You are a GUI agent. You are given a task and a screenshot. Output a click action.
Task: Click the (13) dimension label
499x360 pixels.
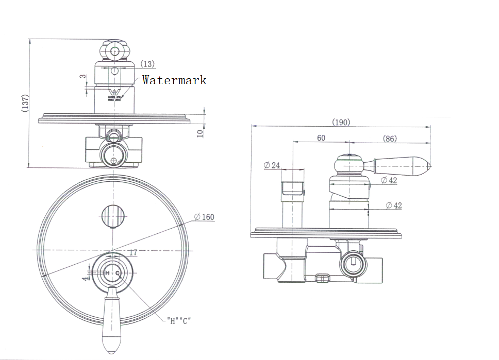click(147, 64)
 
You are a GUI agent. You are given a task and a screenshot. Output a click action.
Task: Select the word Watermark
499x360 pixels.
click(174, 80)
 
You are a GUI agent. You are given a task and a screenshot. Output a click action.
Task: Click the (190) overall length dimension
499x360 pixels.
click(341, 122)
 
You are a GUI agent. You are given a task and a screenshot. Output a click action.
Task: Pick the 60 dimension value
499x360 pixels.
click(321, 138)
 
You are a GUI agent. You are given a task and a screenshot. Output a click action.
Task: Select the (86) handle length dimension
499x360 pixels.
click(390, 138)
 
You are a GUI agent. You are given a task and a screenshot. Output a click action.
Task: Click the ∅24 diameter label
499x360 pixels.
click(272, 165)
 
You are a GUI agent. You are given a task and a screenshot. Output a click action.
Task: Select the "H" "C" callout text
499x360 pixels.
click(179, 320)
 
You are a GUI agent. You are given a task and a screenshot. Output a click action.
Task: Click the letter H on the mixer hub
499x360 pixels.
click(106, 272)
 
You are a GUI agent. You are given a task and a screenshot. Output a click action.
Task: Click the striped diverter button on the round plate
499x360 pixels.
click(113, 215)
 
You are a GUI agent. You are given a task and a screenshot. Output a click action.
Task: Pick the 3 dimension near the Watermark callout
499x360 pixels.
click(81, 77)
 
